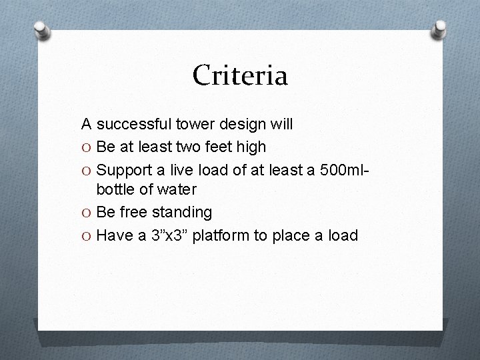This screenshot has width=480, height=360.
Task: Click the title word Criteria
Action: click(240, 75)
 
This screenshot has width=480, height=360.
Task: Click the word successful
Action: click(135, 124)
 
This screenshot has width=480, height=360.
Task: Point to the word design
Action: click(243, 125)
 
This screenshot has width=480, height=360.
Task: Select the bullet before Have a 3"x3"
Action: click(87, 235)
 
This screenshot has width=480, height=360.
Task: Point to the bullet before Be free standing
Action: click(87, 213)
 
